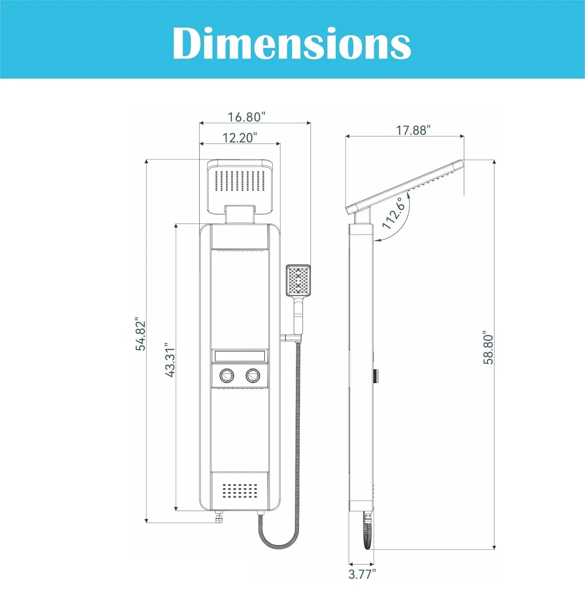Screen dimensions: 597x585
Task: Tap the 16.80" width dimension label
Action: (246, 117)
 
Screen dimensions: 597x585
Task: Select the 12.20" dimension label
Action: (239, 138)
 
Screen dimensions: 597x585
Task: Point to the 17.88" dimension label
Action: (413, 130)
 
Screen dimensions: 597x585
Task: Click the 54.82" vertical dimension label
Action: (140, 334)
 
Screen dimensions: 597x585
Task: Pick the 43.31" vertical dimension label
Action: (170, 360)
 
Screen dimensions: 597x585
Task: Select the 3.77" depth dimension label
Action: (362, 574)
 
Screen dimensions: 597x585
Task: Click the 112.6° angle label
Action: (394, 214)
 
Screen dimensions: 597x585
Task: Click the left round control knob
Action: (226, 375)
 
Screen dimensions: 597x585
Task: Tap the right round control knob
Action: (253, 375)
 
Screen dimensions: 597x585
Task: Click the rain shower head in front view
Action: (240, 181)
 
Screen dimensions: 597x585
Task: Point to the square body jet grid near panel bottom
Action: (240, 491)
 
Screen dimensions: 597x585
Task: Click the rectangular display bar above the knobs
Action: (240, 355)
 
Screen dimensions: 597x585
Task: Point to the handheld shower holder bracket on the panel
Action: (291, 338)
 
